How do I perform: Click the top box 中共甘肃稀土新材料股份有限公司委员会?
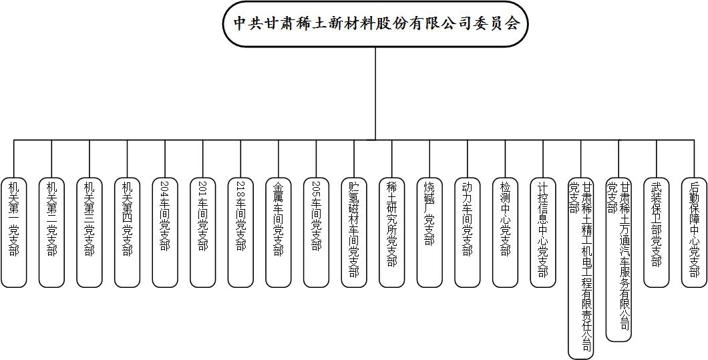pos(375,24)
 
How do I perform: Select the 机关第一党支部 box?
pos(14,232)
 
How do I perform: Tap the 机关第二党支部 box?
pos(51,232)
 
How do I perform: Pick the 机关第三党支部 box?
pos(90,232)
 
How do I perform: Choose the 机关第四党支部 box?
pos(127,232)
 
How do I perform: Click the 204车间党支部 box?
pos(165,232)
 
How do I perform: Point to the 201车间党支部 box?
pos(202,232)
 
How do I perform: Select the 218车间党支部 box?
pos(240,232)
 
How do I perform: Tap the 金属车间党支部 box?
pos(278,232)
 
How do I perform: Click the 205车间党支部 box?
pos(316,232)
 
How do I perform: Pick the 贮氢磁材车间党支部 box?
pos(353,232)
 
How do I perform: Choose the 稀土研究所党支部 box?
pos(391,232)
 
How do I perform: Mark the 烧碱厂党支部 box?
pos(429,232)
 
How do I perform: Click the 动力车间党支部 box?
pos(467,232)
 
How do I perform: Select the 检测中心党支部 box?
pos(504,232)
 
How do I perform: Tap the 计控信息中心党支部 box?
pos(542,232)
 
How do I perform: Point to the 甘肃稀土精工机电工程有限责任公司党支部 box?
pos(580,267)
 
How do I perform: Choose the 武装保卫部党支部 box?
pos(655,232)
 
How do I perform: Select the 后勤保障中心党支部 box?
pos(693,232)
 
